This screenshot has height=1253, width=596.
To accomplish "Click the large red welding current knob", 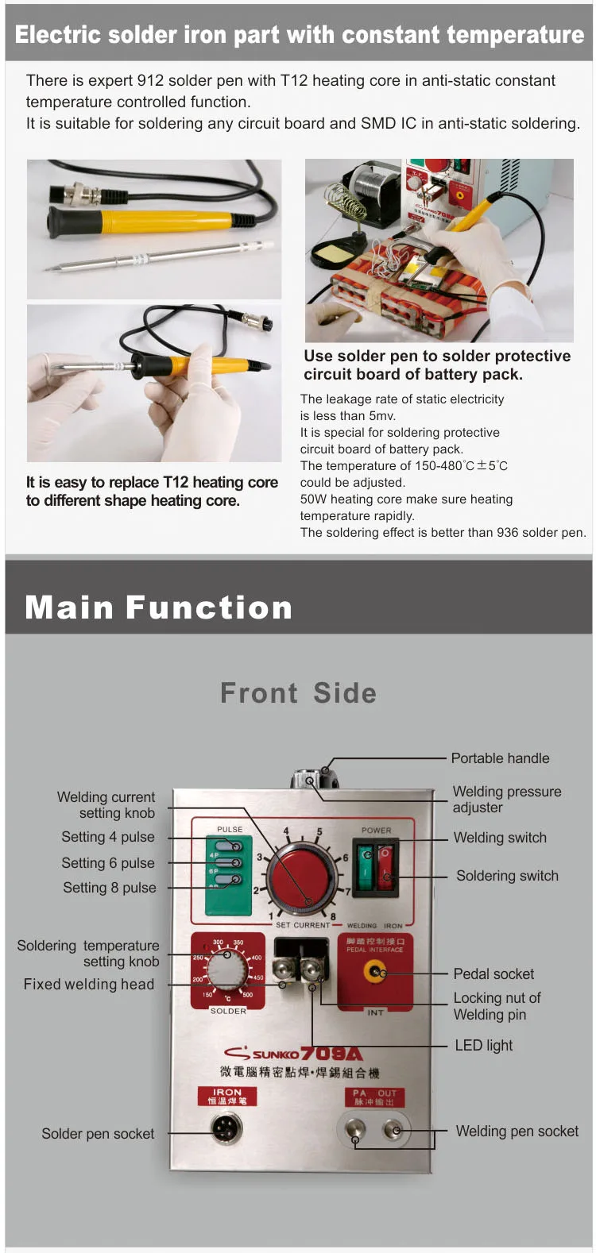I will click(301, 877).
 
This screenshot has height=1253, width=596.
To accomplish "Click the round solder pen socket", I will click(226, 1128).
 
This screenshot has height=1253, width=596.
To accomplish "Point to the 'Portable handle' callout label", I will click(500, 758).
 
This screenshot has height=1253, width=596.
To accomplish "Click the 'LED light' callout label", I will click(483, 1045).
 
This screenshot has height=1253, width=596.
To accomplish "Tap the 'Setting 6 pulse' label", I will click(108, 863).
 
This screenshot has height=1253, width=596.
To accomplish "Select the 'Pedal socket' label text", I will click(493, 973).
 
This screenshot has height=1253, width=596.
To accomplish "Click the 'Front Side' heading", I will click(298, 693).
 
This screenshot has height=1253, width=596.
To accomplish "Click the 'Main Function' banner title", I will click(159, 607).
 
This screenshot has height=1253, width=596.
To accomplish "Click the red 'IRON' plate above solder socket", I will click(226, 1096).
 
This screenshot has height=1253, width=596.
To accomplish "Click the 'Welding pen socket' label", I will click(517, 1132).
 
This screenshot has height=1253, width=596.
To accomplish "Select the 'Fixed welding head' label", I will click(89, 985).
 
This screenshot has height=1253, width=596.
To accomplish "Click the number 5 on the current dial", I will click(319, 832).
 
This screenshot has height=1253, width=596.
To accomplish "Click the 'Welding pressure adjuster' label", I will click(506, 800).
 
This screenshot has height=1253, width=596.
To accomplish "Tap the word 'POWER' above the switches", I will click(376, 830).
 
